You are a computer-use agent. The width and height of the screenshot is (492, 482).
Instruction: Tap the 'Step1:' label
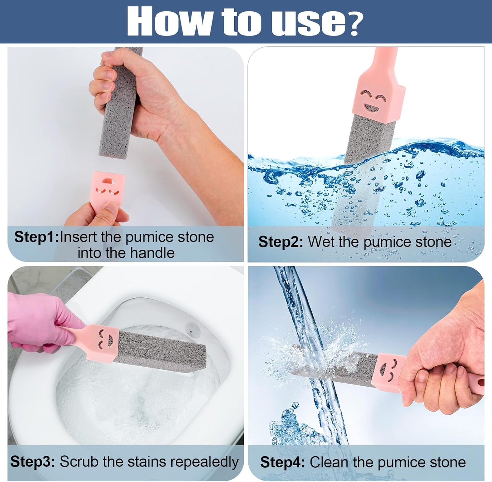pos(36,237)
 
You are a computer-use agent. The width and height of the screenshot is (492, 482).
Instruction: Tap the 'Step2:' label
pos(280,242)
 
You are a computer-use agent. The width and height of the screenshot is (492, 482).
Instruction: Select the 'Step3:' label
pos(32,462)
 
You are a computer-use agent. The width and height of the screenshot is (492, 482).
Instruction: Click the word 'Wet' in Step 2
pos(322,242)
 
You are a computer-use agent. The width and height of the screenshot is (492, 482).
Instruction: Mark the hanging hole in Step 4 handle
pos(481,383)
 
